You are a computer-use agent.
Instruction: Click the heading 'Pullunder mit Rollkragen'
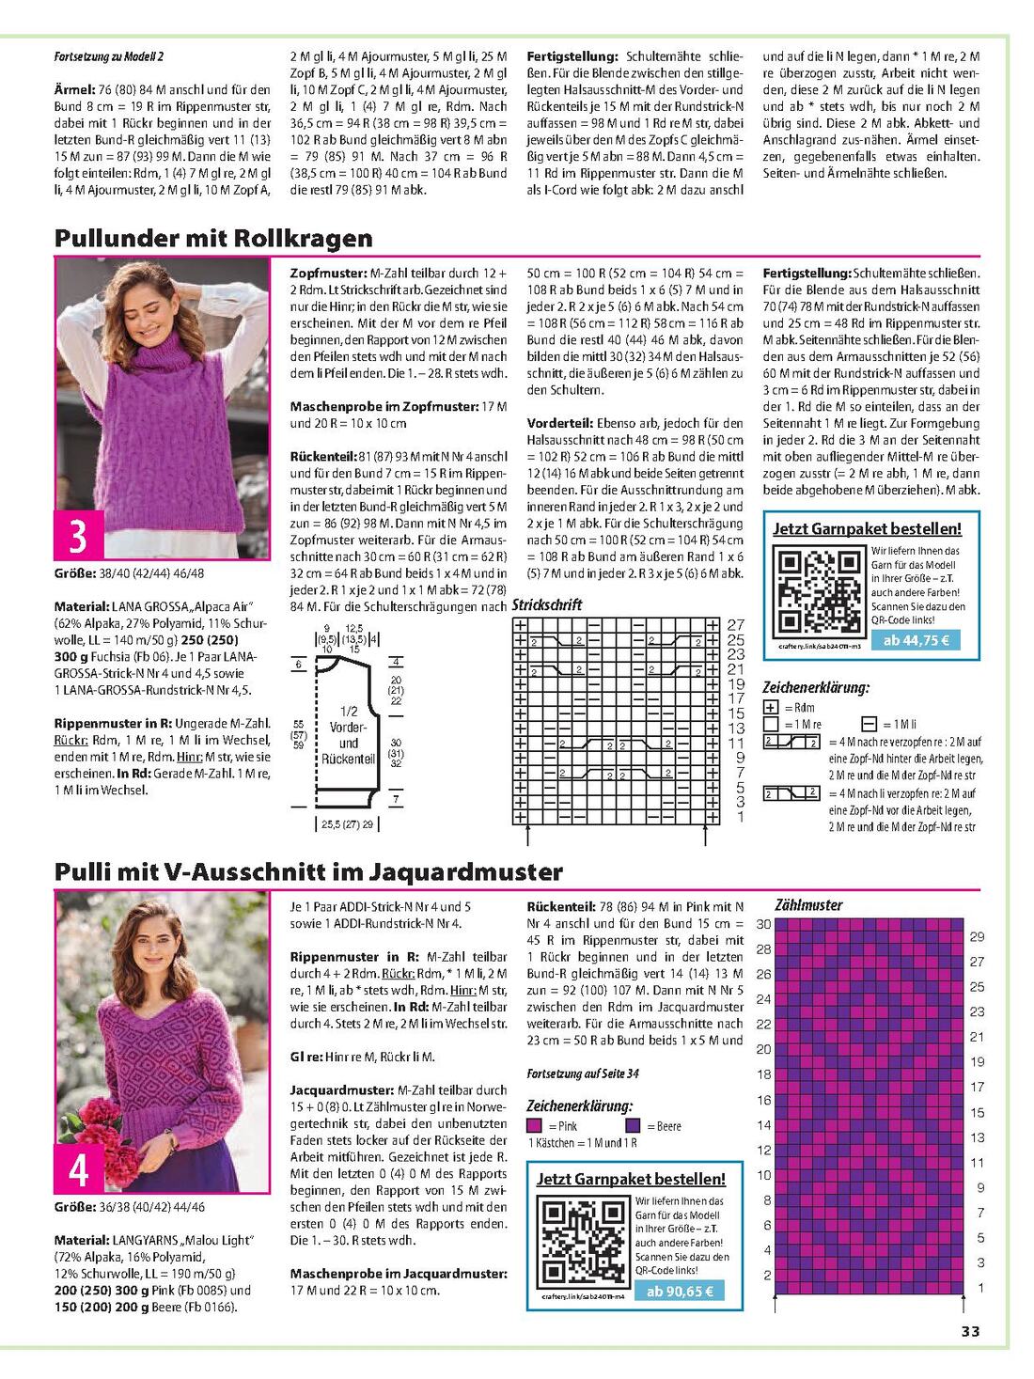coord(213,238)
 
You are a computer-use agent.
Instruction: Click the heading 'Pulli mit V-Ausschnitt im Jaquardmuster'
coord(308,871)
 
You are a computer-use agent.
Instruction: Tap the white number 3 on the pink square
coord(78,536)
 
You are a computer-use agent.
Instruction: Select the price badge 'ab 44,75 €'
coord(916,641)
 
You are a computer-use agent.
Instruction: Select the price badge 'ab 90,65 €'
coord(680,1291)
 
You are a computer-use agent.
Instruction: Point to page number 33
coord(970,1330)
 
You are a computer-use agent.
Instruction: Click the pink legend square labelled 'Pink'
coord(534,1126)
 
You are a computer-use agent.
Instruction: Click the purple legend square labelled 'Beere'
coord(632,1126)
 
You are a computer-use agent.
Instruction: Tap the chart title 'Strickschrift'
coord(546,605)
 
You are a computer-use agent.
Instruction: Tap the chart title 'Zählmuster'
coord(808,905)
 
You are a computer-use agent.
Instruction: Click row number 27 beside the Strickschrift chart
coord(736,624)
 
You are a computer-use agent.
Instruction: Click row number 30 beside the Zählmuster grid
coord(763,924)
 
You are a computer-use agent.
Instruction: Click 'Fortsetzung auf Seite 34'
coord(583,1073)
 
